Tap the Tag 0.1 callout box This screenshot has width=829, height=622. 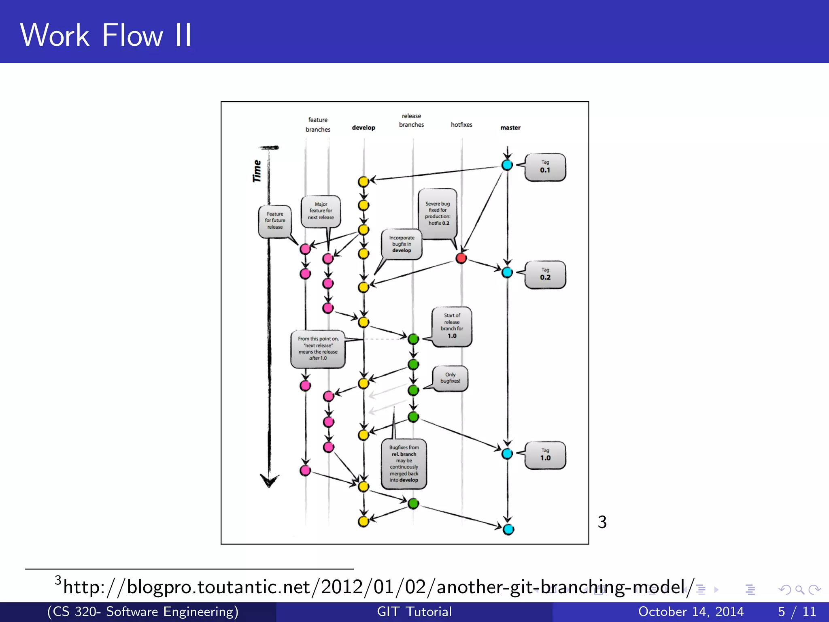point(545,167)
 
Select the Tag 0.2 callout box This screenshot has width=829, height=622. point(545,274)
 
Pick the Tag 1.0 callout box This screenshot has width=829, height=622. point(545,455)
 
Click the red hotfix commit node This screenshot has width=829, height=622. point(461,258)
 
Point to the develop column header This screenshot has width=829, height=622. point(363,128)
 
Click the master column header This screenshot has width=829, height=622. point(510,128)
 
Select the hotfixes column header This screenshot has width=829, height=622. point(461,125)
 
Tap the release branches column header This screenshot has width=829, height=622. point(411,120)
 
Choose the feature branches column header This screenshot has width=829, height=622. point(318,124)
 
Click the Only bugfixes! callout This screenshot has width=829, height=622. point(450,378)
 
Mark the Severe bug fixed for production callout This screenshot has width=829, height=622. point(437,213)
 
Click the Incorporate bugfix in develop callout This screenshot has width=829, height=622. point(402,244)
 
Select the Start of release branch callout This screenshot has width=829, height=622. point(452,326)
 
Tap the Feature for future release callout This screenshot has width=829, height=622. point(275,221)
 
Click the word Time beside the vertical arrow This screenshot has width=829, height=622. point(257,171)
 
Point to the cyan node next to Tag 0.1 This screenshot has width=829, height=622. point(507,165)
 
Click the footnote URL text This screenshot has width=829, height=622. point(378,587)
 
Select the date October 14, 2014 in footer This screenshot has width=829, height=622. point(691,611)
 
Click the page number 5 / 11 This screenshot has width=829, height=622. point(797,611)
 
